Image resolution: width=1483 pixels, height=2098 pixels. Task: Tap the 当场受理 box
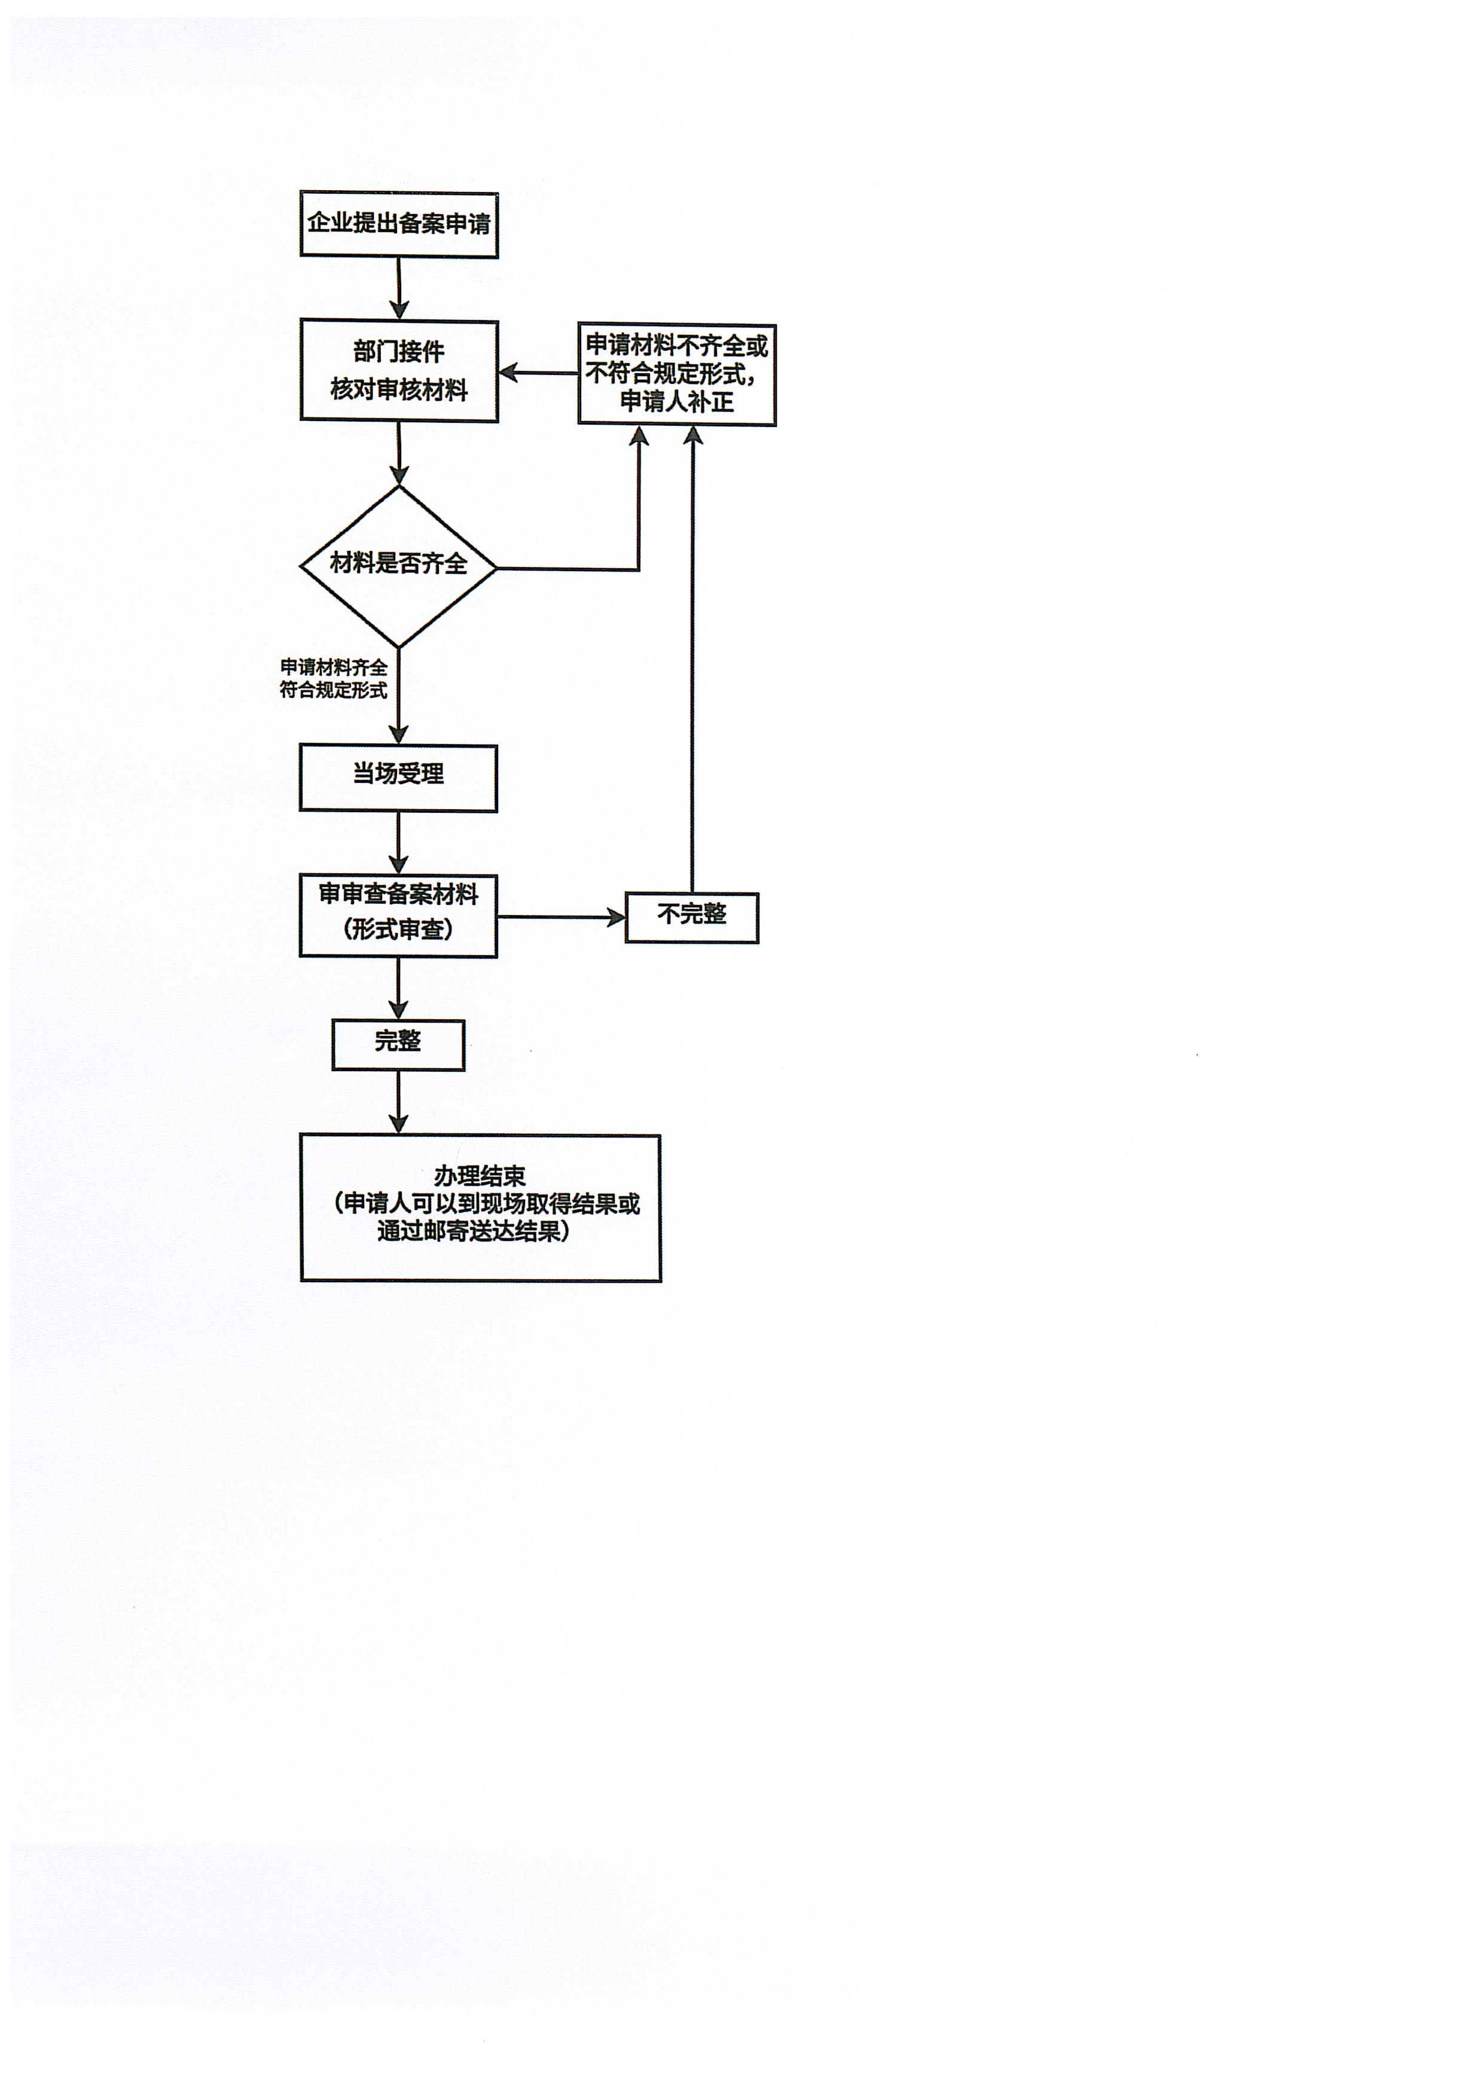(x=398, y=777)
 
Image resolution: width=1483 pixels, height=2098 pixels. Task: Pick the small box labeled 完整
(x=398, y=1044)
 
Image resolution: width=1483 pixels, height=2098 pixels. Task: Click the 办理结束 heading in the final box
(x=480, y=1176)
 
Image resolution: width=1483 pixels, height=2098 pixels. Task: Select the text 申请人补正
(x=676, y=402)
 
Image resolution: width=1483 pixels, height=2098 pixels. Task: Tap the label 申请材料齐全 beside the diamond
(x=334, y=668)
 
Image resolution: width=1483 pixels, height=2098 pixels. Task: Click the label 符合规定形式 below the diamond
(x=334, y=691)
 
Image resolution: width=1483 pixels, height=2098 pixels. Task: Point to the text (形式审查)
(x=398, y=930)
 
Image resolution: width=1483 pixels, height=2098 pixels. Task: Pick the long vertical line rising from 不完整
(x=692, y=658)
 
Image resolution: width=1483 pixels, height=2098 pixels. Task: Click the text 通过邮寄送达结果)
(x=474, y=1232)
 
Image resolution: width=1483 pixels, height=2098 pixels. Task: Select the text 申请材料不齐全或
(x=676, y=346)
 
